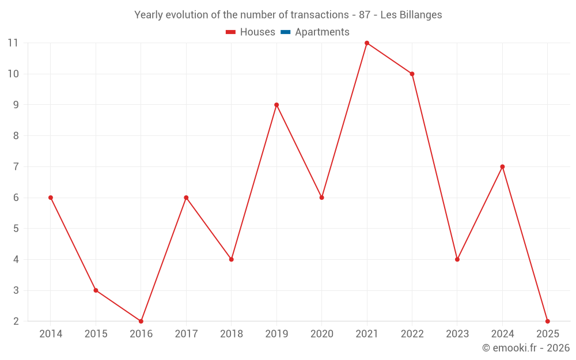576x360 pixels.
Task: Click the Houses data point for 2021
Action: pos(367,43)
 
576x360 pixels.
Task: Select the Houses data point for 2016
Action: pos(141,321)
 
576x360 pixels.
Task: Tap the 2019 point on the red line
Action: pos(276,105)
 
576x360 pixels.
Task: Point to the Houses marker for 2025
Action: pos(547,321)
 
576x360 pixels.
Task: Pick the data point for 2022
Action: pos(412,74)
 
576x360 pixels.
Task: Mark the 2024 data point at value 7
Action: pos(502,166)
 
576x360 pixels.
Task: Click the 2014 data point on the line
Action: pos(51,198)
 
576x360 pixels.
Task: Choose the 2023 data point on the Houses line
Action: pos(457,259)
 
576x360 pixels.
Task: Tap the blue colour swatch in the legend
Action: pos(285,32)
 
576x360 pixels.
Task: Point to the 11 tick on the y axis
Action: pos(13,43)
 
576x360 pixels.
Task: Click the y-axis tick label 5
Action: pos(16,229)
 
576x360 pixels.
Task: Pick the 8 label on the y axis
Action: pos(16,136)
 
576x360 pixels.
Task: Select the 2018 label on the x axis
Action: pos(232,334)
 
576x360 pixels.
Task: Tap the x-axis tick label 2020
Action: pos(322,334)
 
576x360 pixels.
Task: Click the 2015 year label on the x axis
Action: pos(96,334)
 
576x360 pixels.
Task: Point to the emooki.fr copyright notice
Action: pos(525,348)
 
